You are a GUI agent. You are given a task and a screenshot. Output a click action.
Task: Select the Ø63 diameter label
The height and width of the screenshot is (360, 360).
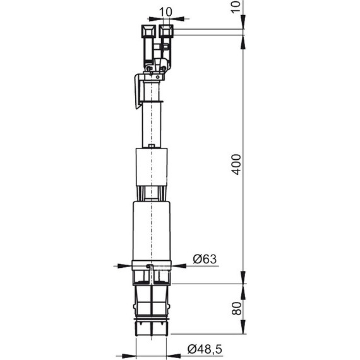(x=204, y=258)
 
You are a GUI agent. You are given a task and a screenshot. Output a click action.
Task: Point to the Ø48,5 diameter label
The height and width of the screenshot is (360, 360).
(x=205, y=349)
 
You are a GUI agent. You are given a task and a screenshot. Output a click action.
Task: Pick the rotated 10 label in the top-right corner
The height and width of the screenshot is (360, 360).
(x=236, y=6)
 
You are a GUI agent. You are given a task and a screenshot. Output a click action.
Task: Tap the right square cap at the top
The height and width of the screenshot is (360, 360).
(x=167, y=30)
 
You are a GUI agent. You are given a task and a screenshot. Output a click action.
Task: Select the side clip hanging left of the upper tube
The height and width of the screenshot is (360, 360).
(x=139, y=90)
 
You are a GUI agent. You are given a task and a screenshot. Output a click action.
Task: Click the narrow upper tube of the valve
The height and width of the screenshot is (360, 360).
(x=152, y=123)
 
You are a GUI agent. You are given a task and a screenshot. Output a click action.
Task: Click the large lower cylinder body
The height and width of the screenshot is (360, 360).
(x=152, y=229)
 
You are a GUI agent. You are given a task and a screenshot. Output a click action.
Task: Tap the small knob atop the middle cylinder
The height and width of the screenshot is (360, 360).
(x=152, y=147)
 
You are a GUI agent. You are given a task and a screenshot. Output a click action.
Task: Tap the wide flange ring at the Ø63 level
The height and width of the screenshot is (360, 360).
(x=152, y=263)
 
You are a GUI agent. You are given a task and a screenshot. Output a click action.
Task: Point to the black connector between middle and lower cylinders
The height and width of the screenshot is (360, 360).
(x=152, y=193)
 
